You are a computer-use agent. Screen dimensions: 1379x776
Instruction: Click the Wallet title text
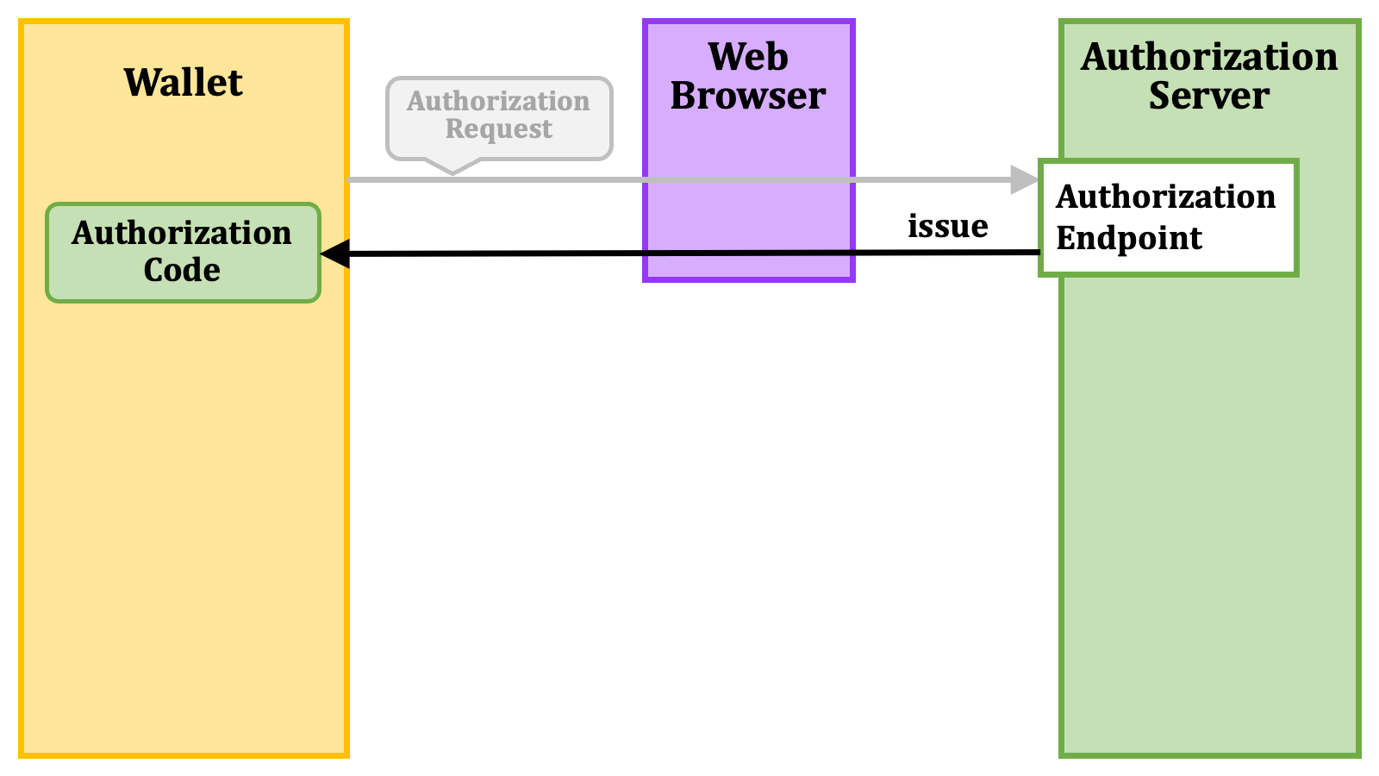click(x=184, y=82)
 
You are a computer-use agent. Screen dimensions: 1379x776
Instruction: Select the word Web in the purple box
click(x=748, y=57)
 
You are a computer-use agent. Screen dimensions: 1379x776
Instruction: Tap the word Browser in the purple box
click(x=748, y=96)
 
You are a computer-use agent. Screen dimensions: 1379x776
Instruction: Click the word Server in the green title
click(x=1209, y=96)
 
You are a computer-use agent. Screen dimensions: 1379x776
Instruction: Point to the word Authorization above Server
click(x=1209, y=57)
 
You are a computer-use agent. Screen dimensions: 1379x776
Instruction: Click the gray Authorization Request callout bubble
click(x=499, y=118)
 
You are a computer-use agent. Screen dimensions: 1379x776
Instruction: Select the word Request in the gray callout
click(x=499, y=129)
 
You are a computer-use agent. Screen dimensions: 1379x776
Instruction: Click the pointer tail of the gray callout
click(x=453, y=166)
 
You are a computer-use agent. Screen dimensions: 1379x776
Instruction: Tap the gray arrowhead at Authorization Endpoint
click(x=1025, y=180)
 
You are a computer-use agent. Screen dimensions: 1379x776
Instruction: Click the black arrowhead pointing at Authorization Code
click(x=335, y=253)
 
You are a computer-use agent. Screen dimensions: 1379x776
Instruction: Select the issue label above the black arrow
click(x=947, y=226)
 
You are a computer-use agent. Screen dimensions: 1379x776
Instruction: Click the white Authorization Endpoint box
click(x=1169, y=218)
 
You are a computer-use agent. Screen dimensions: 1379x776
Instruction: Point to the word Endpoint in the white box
click(x=1129, y=238)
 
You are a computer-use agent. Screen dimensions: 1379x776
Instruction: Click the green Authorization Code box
click(x=183, y=253)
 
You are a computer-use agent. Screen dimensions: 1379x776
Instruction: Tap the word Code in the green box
click(x=182, y=271)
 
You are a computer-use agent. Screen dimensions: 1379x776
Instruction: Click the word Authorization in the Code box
click(x=181, y=234)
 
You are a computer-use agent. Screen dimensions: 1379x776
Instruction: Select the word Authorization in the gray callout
click(x=498, y=101)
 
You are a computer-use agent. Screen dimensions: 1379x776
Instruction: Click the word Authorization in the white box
click(x=1165, y=197)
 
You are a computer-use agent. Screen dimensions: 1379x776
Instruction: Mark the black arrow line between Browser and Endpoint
click(x=947, y=253)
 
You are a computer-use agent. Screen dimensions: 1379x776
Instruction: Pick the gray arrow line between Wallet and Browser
click(x=496, y=180)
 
